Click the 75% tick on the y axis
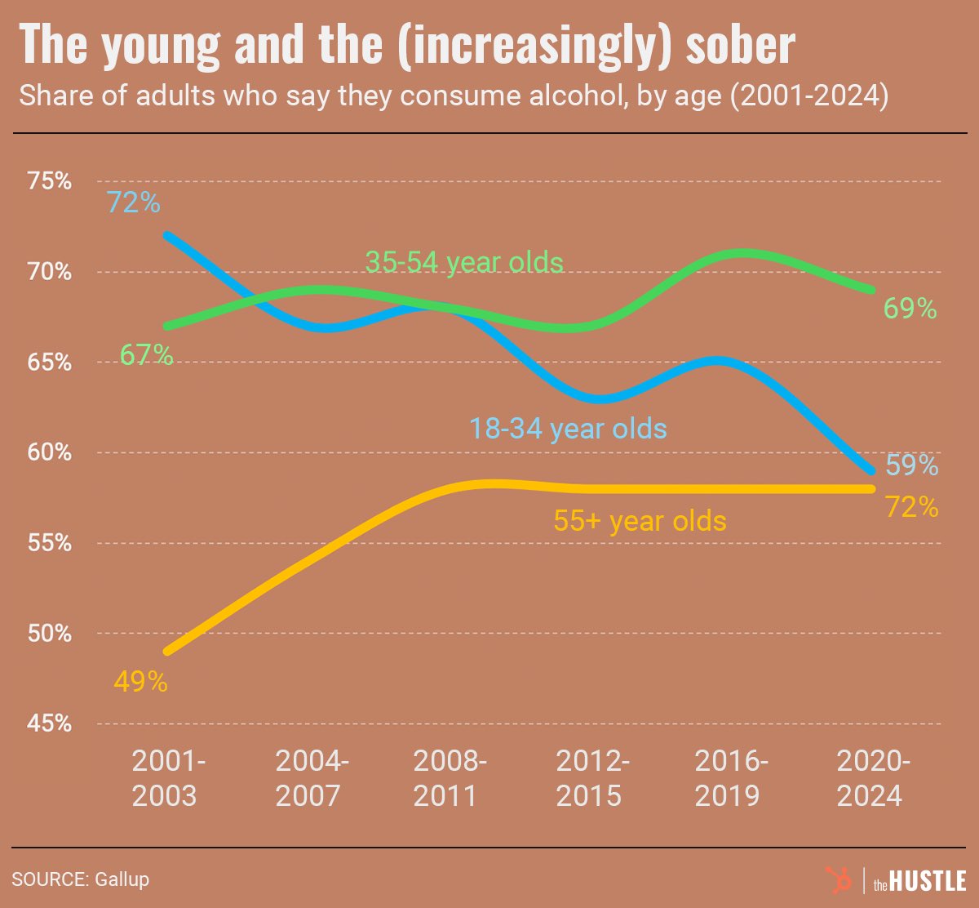49,181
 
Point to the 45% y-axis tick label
49,723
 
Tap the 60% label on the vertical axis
49,452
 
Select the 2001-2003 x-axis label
168,778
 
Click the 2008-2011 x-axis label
450,778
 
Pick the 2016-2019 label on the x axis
731,778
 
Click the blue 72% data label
134,203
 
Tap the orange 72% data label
911,508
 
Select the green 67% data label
147,356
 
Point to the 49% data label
140,682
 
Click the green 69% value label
910,309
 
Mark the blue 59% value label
911,465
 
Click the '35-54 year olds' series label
464,262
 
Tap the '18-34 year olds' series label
568,429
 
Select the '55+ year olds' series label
640,521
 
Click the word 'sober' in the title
739,47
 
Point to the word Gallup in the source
122,879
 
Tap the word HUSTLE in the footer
928,881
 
